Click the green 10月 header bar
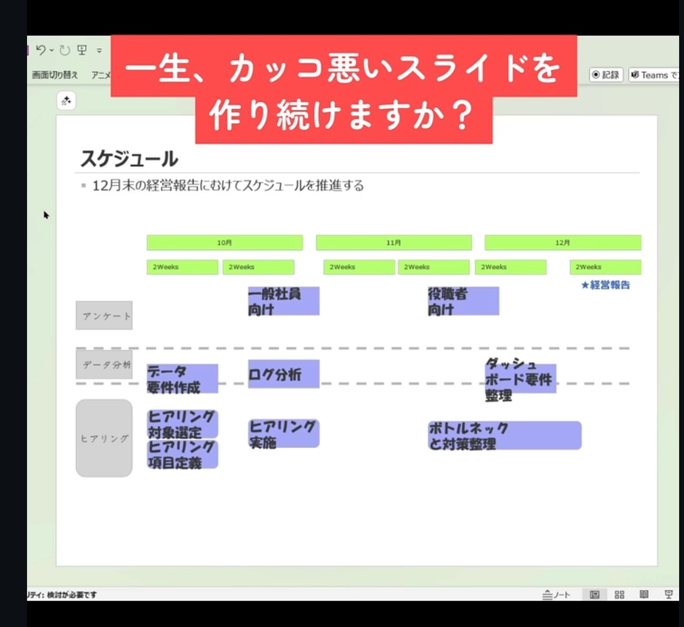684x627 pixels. [x=224, y=243]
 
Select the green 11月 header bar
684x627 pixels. [x=394, y=243]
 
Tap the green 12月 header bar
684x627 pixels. [x=562, y=243]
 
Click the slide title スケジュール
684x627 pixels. [x=129, y=159]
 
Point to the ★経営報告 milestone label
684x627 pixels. [x=606, y=285]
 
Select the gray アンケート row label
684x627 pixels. [x=104, y=316]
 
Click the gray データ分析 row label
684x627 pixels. [x=104, y=365]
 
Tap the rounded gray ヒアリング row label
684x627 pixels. [x=104, y=438]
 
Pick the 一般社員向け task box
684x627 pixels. [x=283, y=301]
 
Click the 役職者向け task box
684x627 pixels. [x=463, y=301]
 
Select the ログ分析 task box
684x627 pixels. [x=283, y=374]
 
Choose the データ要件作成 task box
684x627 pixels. [x=182, y=379]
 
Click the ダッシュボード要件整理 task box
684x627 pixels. [x=520, y=379]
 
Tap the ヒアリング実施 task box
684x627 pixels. [x=283, y=433]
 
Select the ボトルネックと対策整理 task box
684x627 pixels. [x=504, y=436]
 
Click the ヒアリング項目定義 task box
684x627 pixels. [x=182, y=455]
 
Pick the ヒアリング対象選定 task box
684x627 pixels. [x=182, y=424]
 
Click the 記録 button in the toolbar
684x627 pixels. [x=606, y=75]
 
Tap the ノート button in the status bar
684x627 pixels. [x=556, y=595]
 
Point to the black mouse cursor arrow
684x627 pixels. [x=46, y=215]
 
